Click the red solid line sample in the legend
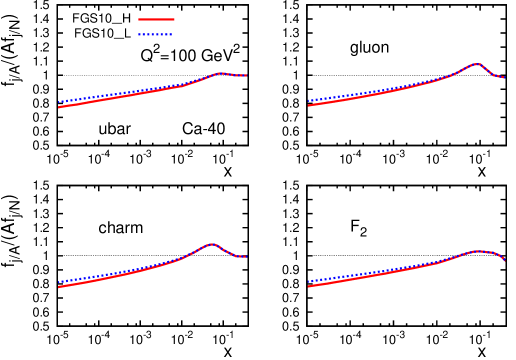pos(156,19)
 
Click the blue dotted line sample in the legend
pos(156,35)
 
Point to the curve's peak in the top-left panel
pos(219,73)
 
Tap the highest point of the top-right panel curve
pos(477,64)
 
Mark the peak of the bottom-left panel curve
pos(212,244)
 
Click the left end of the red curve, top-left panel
pos(59,107)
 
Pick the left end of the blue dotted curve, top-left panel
pos(59,102)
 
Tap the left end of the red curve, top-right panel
pos(309,105)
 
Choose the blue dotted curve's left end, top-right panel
pos(309,100)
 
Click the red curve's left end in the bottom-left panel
pos(59,287)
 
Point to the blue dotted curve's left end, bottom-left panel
pos(59,282)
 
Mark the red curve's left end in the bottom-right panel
pos(309,286)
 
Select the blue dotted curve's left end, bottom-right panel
pos(309,282)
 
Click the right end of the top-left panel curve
pos(246,76)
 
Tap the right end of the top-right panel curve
pos(504,78)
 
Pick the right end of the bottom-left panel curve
pos(246,257)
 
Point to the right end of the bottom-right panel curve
pos(504,260)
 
